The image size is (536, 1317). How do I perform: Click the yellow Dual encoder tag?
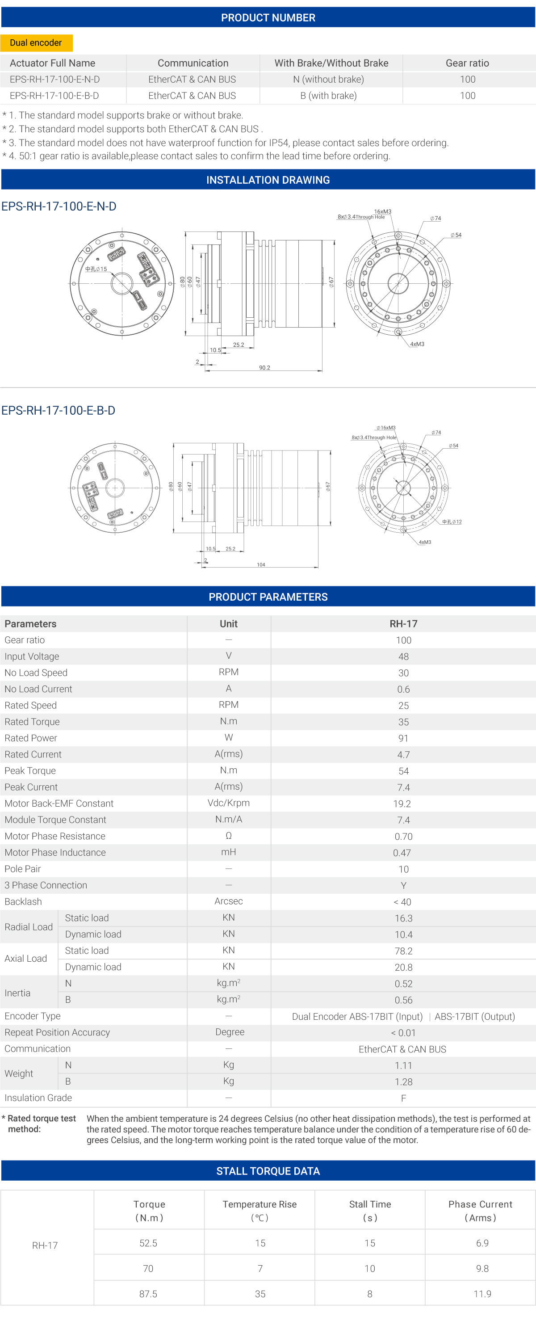(36, 43)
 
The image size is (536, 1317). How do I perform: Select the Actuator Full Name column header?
(53, 63)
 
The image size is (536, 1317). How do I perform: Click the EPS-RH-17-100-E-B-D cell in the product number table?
(54, 96)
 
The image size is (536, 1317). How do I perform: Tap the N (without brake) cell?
(329, 79)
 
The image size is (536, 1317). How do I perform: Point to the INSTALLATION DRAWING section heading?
(268, 180)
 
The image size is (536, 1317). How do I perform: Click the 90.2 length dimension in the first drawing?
(264, 368)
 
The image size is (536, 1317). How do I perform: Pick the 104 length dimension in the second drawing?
(260, 564)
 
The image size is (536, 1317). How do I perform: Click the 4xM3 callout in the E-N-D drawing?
(417, 344)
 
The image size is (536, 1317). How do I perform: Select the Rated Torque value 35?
(403, 722)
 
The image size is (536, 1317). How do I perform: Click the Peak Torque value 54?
(403, 771)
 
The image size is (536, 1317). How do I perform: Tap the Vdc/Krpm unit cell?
(228, 803)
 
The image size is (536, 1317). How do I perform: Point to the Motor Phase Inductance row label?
(55, 852)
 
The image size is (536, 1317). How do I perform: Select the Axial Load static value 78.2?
(403, 951)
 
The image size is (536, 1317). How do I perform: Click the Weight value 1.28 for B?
(403, 1082)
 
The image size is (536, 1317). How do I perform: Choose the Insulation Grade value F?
(403, 1098)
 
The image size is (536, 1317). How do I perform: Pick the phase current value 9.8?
(482, 1268)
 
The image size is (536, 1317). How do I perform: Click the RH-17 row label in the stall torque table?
(45, 1245)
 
